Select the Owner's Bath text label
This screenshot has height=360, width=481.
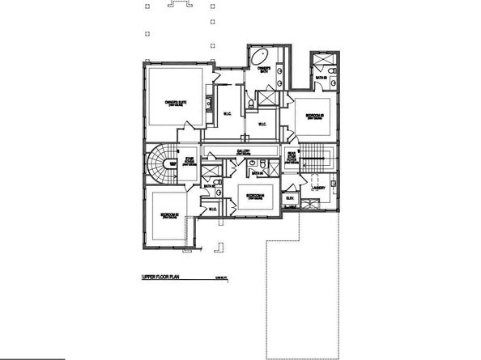tap(263, 70)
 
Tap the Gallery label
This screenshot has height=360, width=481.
tap(243, 151)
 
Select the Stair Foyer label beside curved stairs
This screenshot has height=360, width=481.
tap(189, 159)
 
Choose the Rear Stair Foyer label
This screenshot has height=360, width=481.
tap(291, 159)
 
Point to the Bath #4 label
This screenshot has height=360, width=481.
tap(258, 173)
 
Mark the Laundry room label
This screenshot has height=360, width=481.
tap(317, 188)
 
